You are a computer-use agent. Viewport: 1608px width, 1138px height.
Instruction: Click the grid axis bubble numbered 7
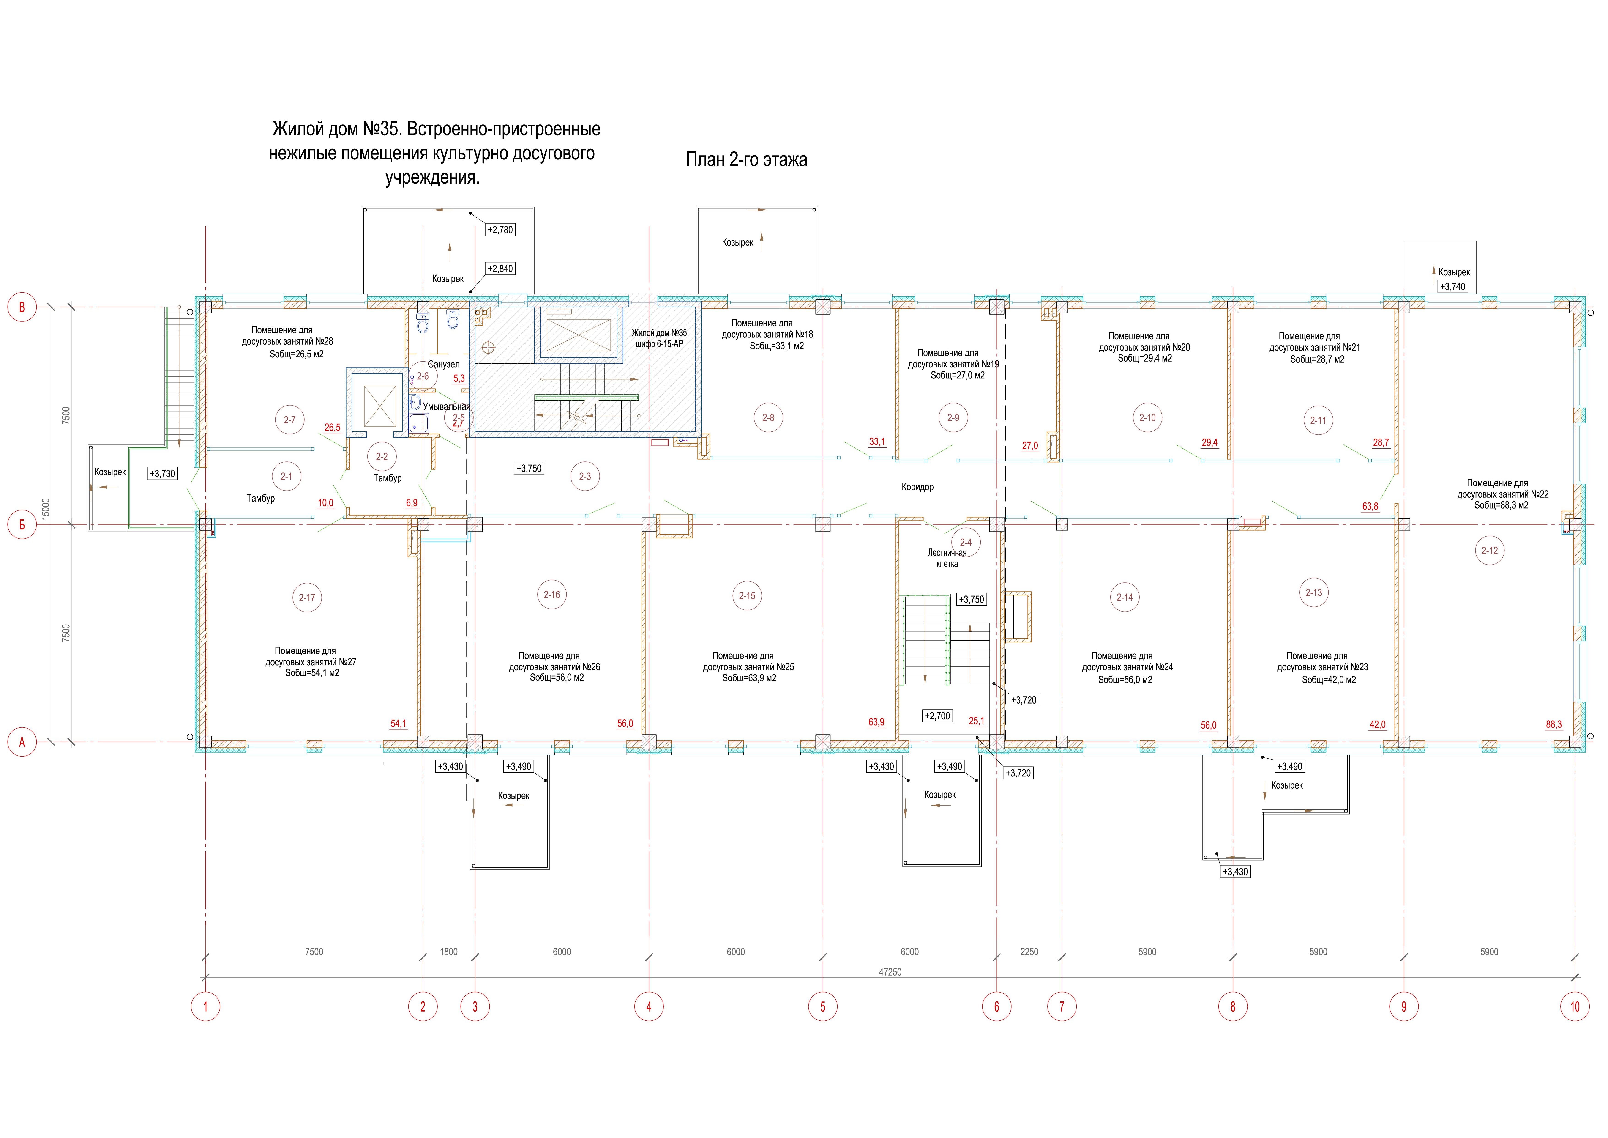point(1062,1007)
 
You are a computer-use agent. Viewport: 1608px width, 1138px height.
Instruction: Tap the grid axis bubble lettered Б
point(22,525)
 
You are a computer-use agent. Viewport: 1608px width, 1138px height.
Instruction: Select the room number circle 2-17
point(307,598)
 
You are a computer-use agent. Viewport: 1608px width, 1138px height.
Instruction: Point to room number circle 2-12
point(1490,551)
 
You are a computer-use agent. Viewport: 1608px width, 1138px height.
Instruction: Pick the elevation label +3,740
point(1452,287)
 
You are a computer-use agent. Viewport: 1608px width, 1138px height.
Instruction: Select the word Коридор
point(917,487)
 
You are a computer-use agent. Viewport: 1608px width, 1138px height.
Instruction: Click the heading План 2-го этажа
point(747,160)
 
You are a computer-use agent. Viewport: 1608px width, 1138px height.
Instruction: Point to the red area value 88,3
point(1554,724)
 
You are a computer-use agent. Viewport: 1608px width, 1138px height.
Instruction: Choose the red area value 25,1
point(976,721)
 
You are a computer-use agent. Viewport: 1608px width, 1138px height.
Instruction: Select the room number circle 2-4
point(966,542)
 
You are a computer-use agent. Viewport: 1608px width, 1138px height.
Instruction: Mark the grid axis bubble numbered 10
point(1575,1007)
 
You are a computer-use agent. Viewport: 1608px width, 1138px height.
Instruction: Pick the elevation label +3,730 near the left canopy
point(162,474)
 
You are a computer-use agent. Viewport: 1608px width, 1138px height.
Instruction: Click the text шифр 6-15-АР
point(659,344)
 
